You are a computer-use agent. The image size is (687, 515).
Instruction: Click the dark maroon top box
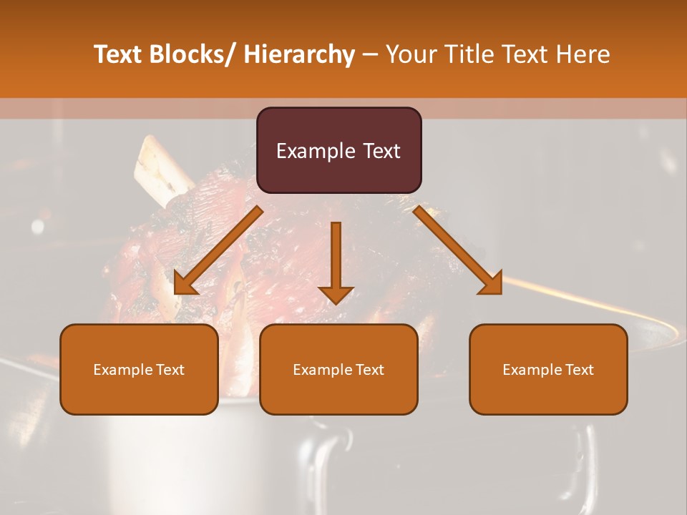click(x=338, y=150)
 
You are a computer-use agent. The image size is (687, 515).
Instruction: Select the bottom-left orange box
click(x=139, y=369)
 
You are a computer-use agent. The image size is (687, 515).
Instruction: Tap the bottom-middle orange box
click(x=338, y=369)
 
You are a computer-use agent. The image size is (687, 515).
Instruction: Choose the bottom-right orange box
click(x=548, y=369)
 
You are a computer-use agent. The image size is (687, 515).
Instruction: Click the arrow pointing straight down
click(x=336, y=261)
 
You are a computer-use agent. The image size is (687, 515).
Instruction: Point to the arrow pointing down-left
click(x=218, y=250)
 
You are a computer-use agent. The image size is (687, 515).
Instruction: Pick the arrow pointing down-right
click(x=458, y=250)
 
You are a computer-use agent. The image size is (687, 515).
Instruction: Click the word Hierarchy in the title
click(x=298, y=54)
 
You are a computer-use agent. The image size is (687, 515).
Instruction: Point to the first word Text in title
click(x=119, y=54)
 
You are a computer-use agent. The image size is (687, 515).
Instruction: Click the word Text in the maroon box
click(x=381, y=151)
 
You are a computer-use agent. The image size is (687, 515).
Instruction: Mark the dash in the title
click(x=370, y=55)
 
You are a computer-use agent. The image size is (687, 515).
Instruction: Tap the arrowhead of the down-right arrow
click(x=492, y=284)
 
